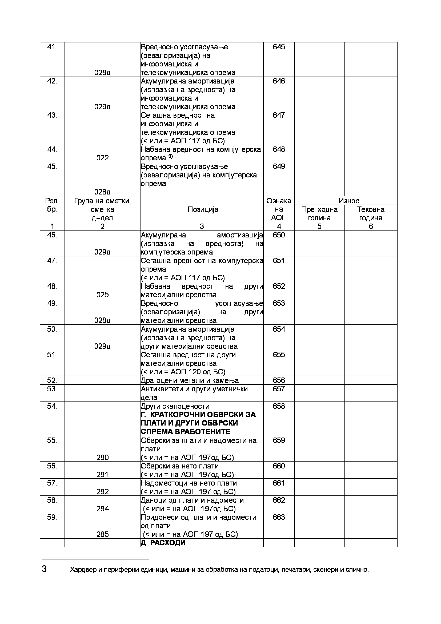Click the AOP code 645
tap(279, 47)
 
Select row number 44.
tap(52, 149)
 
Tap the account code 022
tap(102, 158)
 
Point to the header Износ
tap(349, 201)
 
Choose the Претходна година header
tap(319, 214)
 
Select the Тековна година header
tap(371, 214)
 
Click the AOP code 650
tap(279, 235)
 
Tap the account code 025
tap(102, 295)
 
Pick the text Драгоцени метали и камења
tap(190, 380)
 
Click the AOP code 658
tap(279, 406)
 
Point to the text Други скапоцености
tap(175, 406)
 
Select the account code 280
tap(102, 458)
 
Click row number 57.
tap(52, 483)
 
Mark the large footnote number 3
tap(44, 569)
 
